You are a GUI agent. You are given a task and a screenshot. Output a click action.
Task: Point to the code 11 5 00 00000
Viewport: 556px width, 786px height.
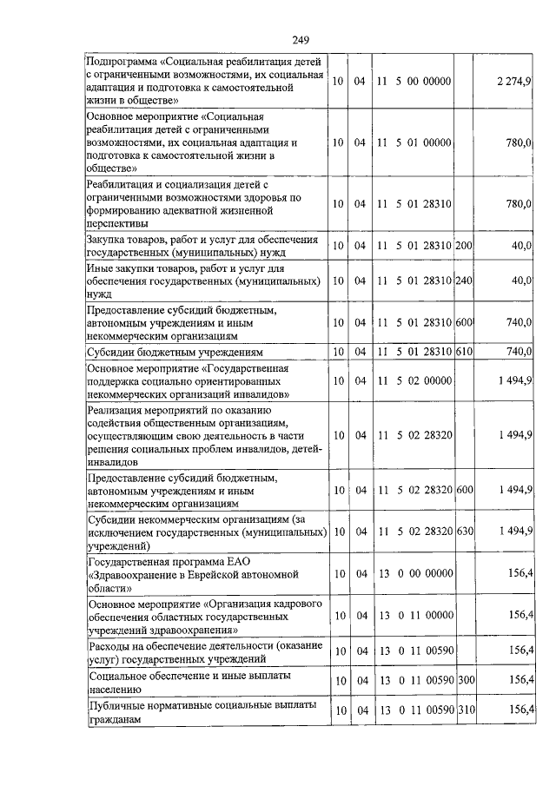414,81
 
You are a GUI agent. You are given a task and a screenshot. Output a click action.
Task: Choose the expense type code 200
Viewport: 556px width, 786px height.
463,246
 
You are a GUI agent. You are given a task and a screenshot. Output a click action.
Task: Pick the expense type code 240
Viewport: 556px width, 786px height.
463,281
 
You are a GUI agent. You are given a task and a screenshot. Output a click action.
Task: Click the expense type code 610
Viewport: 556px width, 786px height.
463,352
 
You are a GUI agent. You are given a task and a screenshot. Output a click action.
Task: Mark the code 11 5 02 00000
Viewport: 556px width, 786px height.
414,380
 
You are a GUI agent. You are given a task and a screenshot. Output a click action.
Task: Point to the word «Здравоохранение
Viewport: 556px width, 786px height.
142,575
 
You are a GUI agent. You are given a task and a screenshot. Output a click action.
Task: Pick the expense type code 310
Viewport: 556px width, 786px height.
463,712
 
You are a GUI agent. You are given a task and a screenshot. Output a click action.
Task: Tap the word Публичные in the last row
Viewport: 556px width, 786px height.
118,705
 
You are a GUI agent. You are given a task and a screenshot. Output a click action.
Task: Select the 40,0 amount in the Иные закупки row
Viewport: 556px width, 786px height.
521,281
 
